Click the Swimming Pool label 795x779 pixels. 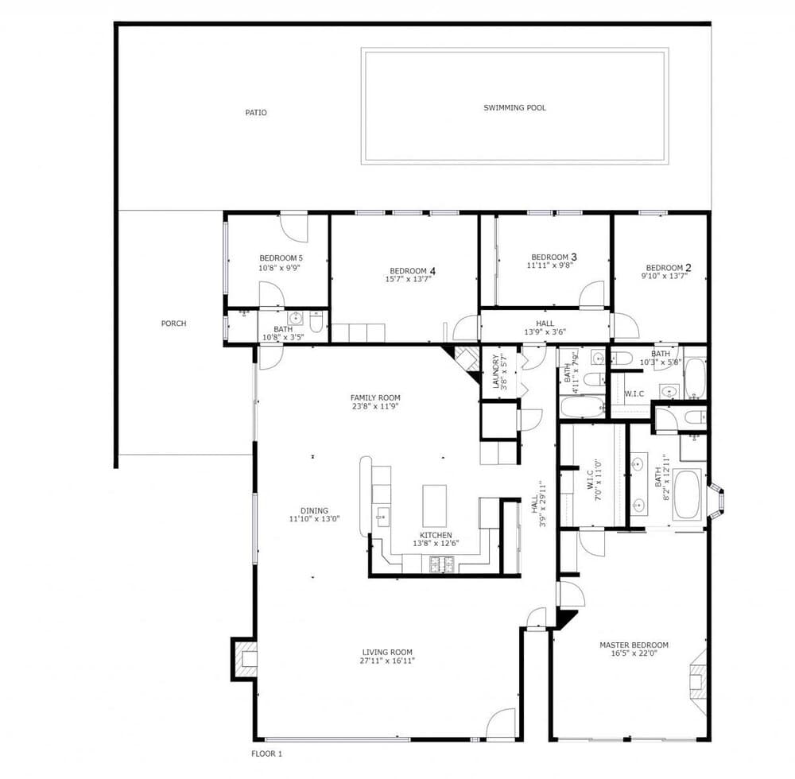pos(514,107)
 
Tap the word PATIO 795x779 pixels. pos(256,113)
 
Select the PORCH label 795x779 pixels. pos(174,324)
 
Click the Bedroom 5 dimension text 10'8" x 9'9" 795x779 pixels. pos(279,268)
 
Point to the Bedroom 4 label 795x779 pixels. pos(413,271)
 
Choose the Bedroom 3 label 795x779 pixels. pos(553,257)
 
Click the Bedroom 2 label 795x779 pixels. pos(669,268)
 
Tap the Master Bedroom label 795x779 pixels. pos(634,645)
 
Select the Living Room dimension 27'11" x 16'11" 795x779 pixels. pos(387,661)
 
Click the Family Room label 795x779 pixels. pos(375,398)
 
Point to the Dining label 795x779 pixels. pos(314,510)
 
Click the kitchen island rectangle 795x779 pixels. pos(435,506)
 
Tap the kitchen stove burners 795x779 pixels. pos(441,564)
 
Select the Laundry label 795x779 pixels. pos(495,371)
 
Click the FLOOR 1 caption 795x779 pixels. pos(266,754)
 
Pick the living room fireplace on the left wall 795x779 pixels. pos(244,659)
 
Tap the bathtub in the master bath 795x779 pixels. pos(687,494)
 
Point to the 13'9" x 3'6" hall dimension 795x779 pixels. pos(545,332)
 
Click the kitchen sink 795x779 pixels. pos(382,517)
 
